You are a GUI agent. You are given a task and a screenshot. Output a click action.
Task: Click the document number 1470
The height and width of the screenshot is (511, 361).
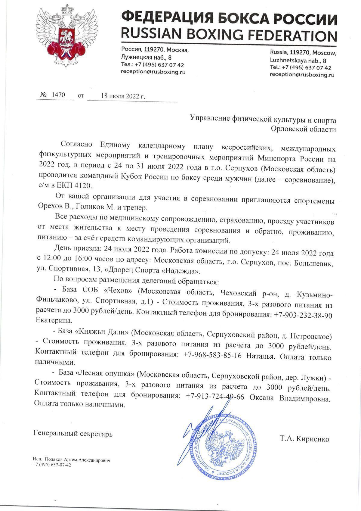pos(58,95)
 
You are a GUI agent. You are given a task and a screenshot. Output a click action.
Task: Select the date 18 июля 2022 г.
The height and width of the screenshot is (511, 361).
pos(123,96)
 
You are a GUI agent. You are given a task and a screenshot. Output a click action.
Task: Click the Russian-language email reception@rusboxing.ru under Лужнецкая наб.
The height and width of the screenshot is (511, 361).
pos(153,72)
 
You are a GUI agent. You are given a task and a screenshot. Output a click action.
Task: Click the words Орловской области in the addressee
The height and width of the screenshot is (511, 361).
pos(303,129)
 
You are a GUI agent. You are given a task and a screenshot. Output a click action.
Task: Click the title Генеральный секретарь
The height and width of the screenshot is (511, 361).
pos(73,434)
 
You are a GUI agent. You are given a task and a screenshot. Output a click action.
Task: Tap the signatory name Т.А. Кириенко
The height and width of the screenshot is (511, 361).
pos(304,439)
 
